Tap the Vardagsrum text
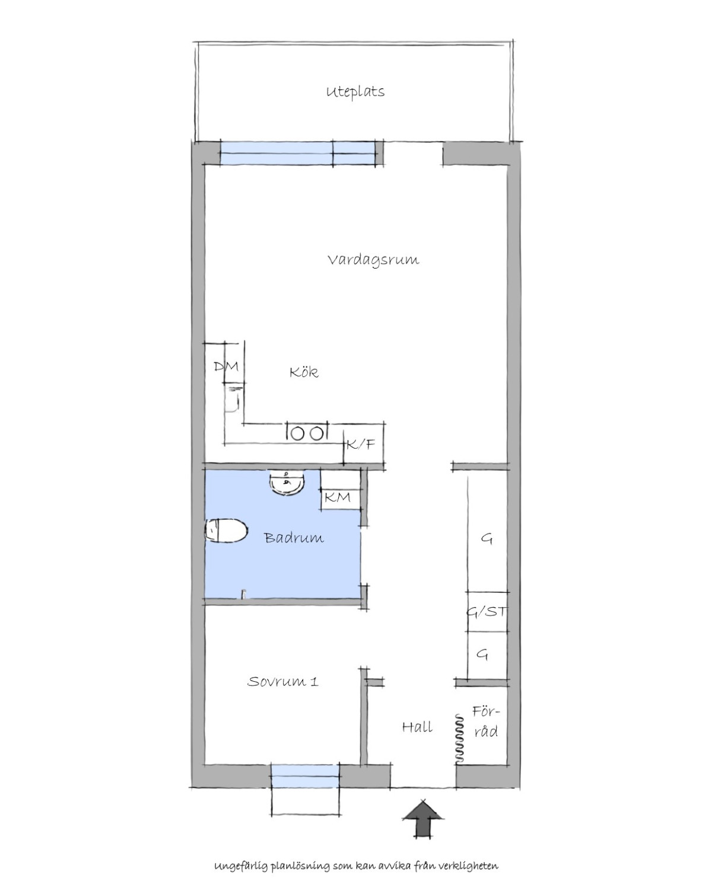[x=373, y=260]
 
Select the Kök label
[x=304, y=372]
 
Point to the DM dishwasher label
[x=227, y=366]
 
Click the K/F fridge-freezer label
[x=361, y=445]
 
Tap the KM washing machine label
[x=338, y=497]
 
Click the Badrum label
[x=294, y=538]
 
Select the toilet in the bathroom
[x=226, y=531]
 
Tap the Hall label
[x=418, y=727]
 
